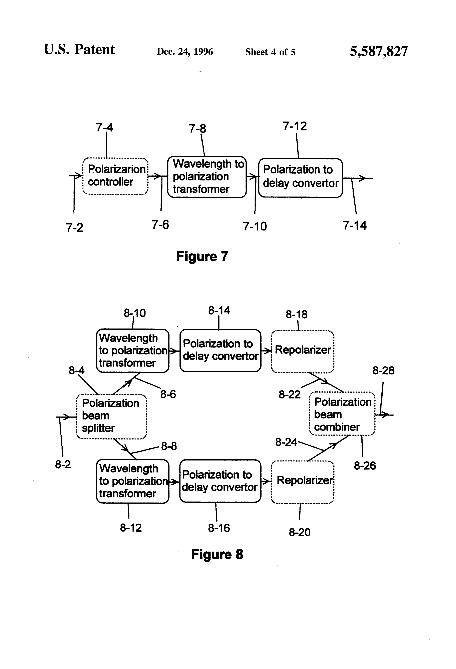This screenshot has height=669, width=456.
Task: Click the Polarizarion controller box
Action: (x=115, y=176)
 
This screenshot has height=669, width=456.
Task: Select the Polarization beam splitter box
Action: (x=112, y=416)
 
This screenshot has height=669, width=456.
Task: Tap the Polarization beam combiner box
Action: (x=342, y=414)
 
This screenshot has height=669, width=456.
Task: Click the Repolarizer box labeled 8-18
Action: (x=303, y=352)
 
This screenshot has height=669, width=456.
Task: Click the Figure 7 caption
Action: (x=202, y=256)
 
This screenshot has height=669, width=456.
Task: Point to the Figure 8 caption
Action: (x=217, y=554)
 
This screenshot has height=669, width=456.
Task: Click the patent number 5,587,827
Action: (x=379, y=51)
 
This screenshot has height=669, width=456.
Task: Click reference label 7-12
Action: (x=295, y=126)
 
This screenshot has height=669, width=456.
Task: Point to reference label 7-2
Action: (x=74, y=227)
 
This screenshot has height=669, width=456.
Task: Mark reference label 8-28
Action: (x=383, y=370)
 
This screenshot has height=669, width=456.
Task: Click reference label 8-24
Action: (x=286, y=442)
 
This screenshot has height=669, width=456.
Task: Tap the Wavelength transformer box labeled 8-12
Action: (x=133, y=481)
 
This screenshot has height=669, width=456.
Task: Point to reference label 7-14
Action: (x=355, y=225)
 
